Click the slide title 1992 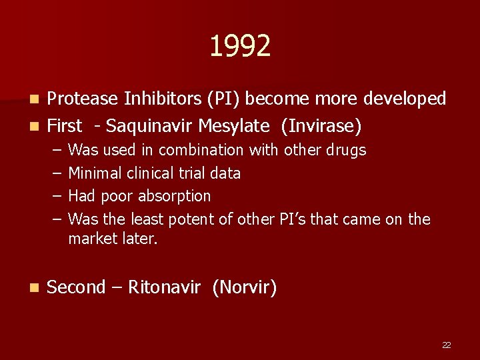[240, 47]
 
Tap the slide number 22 [447, 345]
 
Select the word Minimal [94, 173]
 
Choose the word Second [77, 287]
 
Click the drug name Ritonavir [164, 287]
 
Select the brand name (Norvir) [245, 287]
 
